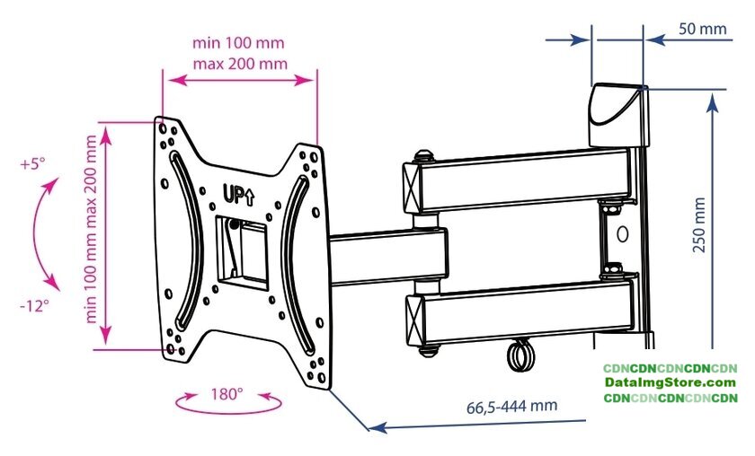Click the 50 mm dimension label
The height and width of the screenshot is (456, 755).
tap(703, 29)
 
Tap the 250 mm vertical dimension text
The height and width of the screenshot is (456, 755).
tap(699, 224)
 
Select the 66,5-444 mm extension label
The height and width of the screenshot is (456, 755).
tap(511, 407)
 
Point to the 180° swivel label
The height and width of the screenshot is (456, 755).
tap(226, 394)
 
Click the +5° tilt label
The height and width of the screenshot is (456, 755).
tap(32, 164)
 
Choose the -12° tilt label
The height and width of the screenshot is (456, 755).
tap(35, 305)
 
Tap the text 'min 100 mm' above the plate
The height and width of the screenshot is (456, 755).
tap(238, 43)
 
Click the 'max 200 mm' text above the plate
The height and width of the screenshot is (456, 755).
tap(240, 64)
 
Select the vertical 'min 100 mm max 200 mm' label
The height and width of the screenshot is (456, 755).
tap(91, 229)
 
